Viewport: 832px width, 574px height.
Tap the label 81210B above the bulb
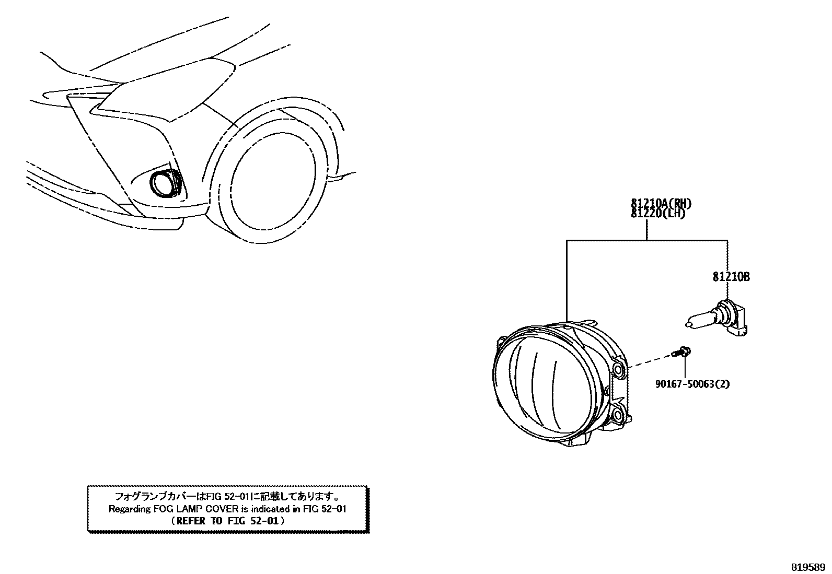pyautogui.click(x=731, y=277)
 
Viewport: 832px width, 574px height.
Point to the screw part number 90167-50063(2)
pyautogui.click(x=692, y=384)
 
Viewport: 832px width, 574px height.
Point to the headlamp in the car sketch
pyautogui.click(x=167, y=89)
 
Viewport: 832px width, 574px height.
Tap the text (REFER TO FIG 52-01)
pyautogui.click(x=227, y=521)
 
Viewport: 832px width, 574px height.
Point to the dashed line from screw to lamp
pyautogui.click(x=651, y=361)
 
